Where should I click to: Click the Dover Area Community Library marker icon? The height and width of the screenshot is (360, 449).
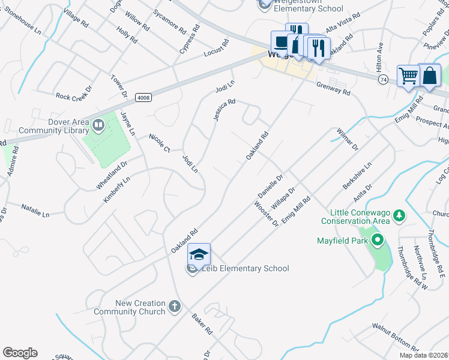98,125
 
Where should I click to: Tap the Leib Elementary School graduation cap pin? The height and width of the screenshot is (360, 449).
199,254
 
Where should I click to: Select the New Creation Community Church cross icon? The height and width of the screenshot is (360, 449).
174,307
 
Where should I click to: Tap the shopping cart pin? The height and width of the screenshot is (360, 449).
408,76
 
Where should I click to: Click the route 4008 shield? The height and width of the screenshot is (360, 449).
142,97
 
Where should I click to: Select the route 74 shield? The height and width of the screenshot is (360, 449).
384,79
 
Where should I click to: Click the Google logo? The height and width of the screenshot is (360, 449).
20,353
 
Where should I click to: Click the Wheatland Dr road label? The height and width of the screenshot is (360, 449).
112,175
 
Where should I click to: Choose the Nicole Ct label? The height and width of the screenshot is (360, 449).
160,142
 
